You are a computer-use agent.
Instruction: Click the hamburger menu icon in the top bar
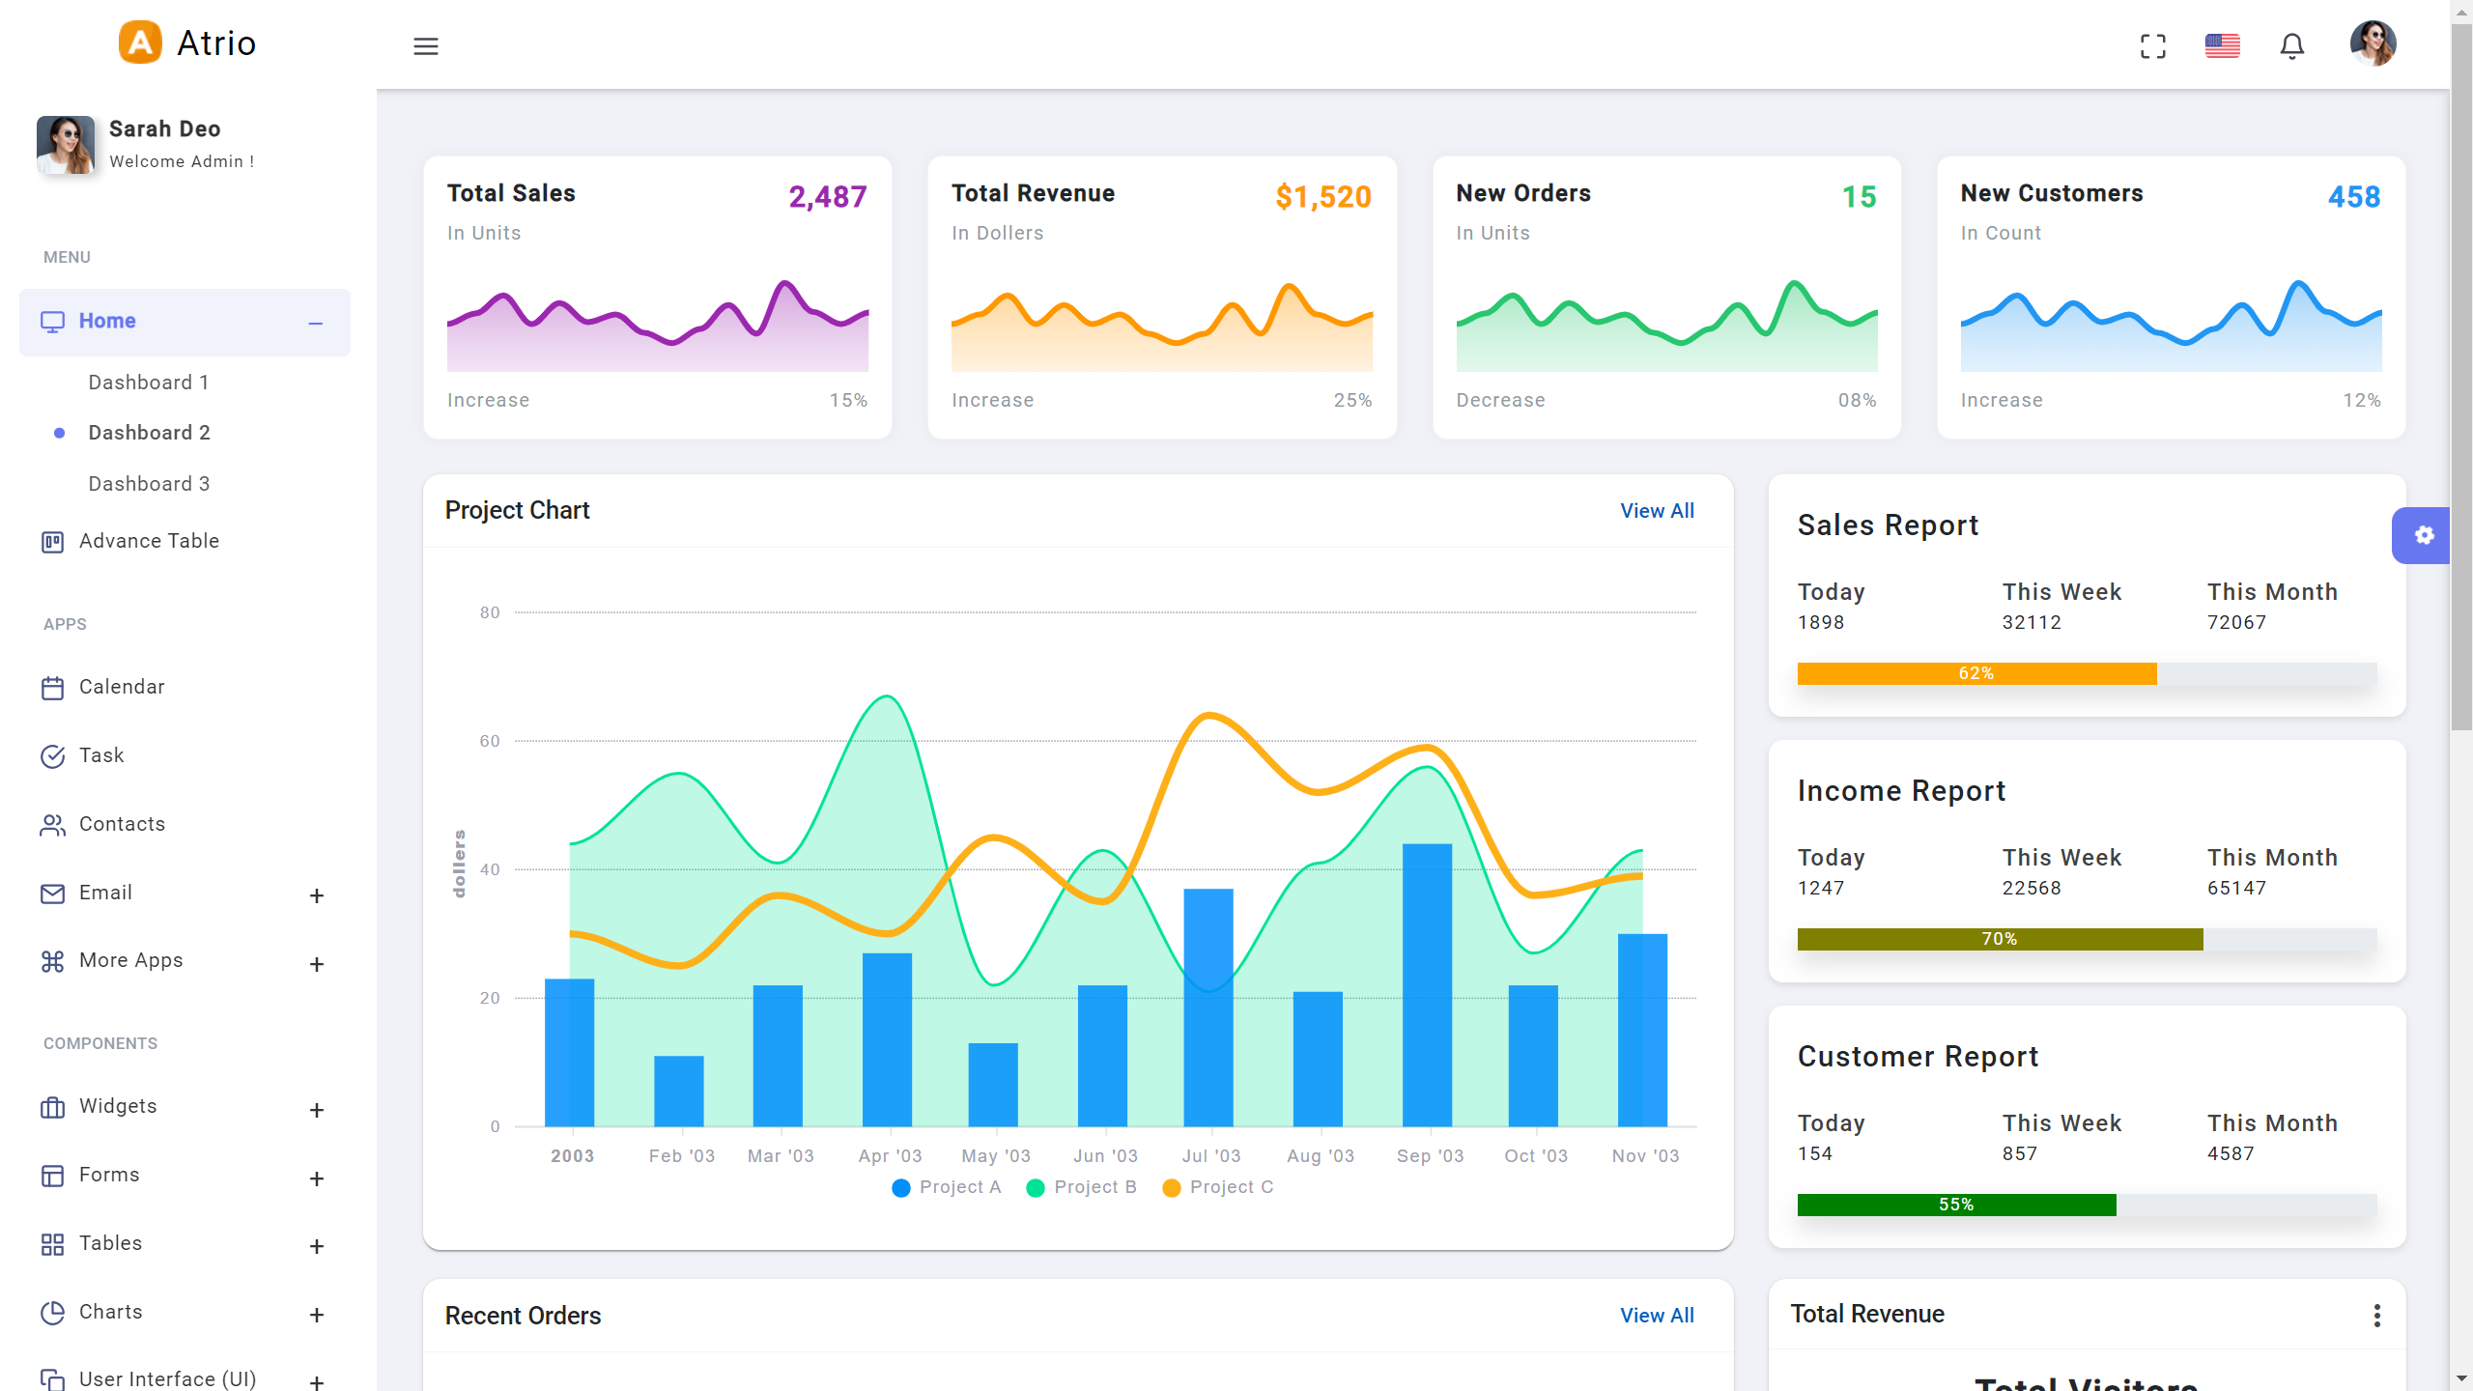pyautogui.click(x=426, y=46)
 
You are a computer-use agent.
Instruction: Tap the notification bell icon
pyautogui.click(x=2291, y=46)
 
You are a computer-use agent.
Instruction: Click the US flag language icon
pyautogui.click(x=2222, y=46)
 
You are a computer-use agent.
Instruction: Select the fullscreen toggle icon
pyautogui.click(x=2152, y=46)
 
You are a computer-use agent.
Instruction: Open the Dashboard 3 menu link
pyautogui.click(x=149, y=484)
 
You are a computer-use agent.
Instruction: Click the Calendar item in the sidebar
pyautogui.click(x=122, y=687)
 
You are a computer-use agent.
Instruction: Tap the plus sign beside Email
pyautogui.click(x=316, y=895)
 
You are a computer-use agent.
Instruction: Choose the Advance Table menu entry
pyautogui.click(x=149, y=541)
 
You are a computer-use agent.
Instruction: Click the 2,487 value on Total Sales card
pyautogui.click(x=827, y=197)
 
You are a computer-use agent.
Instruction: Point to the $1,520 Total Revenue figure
pyautogui.click(x=1322, y=197)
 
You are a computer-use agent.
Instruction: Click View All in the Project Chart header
pyautogui.click(x=1657, y=511)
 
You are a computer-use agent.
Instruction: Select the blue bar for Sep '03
pyautogui.click(x=1427, y=985)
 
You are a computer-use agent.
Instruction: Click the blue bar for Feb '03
pyautogui.click(x=678, y=1092)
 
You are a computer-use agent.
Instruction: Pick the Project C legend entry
pyautogui.click(x=1219, y=1187)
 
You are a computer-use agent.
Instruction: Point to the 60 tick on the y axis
pyautogui.click(x=490, y=741)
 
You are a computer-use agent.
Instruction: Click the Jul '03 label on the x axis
pyautogui.click(x=1210, y=1156)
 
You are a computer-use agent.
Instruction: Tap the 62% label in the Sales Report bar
pyautogui.click(x=1976, y=673)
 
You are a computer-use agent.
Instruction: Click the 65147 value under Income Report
pyautogui.click(x=2236, y=888)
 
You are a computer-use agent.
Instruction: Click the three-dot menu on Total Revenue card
pyautogui.click(x=2376, y=1315)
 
